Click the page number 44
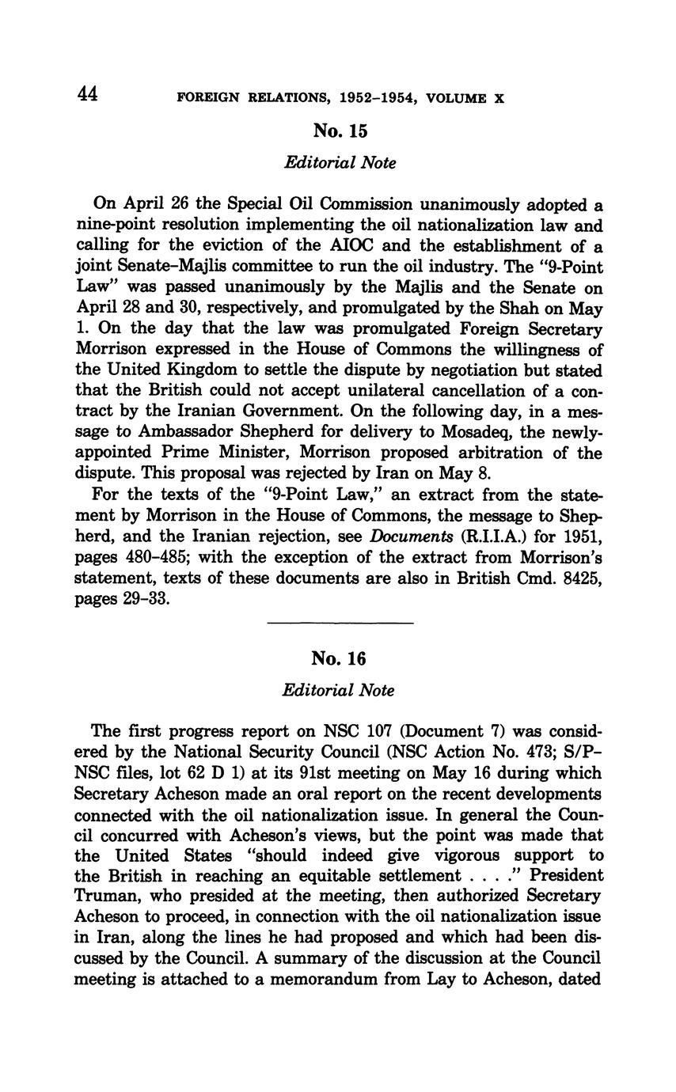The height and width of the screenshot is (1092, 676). tap(87, 95)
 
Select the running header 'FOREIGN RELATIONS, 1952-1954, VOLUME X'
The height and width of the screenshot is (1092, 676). tap(340, 99)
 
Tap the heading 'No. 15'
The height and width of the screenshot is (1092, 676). tap(340, 131)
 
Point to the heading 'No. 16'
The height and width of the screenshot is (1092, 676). tap(339, 658)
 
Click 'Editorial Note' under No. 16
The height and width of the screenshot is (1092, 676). tap(338, 690)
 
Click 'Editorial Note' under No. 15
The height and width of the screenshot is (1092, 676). tap(340, 162)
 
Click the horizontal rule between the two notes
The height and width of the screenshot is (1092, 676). tap(340, 624)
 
